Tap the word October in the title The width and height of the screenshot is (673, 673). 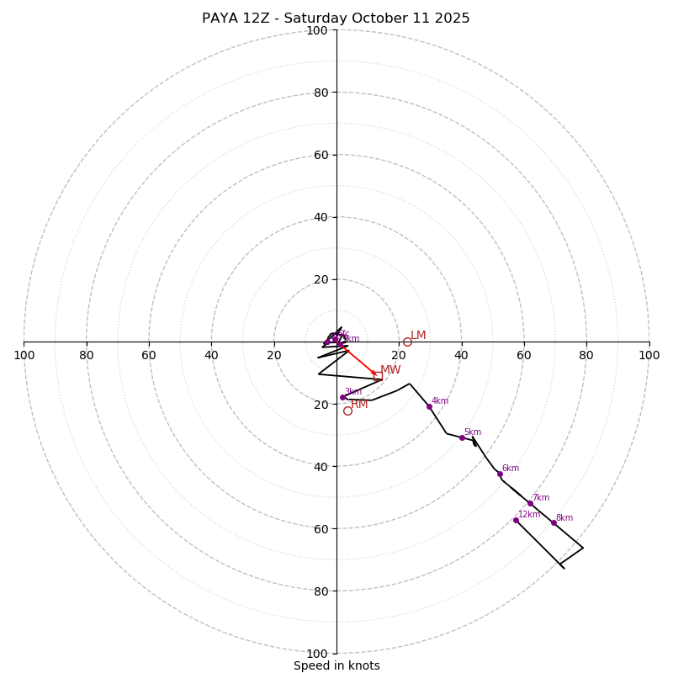[x=377, y=19]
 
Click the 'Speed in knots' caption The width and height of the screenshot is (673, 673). [x=336, y=665]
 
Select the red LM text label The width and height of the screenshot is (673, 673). [x=418, y=336]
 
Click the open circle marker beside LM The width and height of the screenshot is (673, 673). [x=407, y=342]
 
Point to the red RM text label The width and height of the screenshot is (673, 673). [x=359, y=405]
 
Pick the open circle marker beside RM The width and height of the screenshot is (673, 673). [x=347, y=411]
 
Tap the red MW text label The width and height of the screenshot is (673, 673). [x=390, y=370]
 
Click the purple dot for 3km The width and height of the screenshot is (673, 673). [x=342, y=397]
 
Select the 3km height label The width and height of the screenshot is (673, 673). [x=353, y=392]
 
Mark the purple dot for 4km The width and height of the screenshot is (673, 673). [x=429, y=406]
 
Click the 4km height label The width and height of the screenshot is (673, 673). [x=440, y=401]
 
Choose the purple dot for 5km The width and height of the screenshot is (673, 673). [x=462, y=437]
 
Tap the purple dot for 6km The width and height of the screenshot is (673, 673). [x=500, y=474]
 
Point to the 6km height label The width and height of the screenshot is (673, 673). [x=511, y=469]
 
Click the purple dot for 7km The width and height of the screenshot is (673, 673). [x=530, y=503]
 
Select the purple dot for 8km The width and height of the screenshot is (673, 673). [x=554, y=522]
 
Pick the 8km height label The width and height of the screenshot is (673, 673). [x=564, y=518]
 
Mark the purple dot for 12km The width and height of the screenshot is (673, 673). [x=516, y=520]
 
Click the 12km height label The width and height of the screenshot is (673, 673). [x=529, y=515]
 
